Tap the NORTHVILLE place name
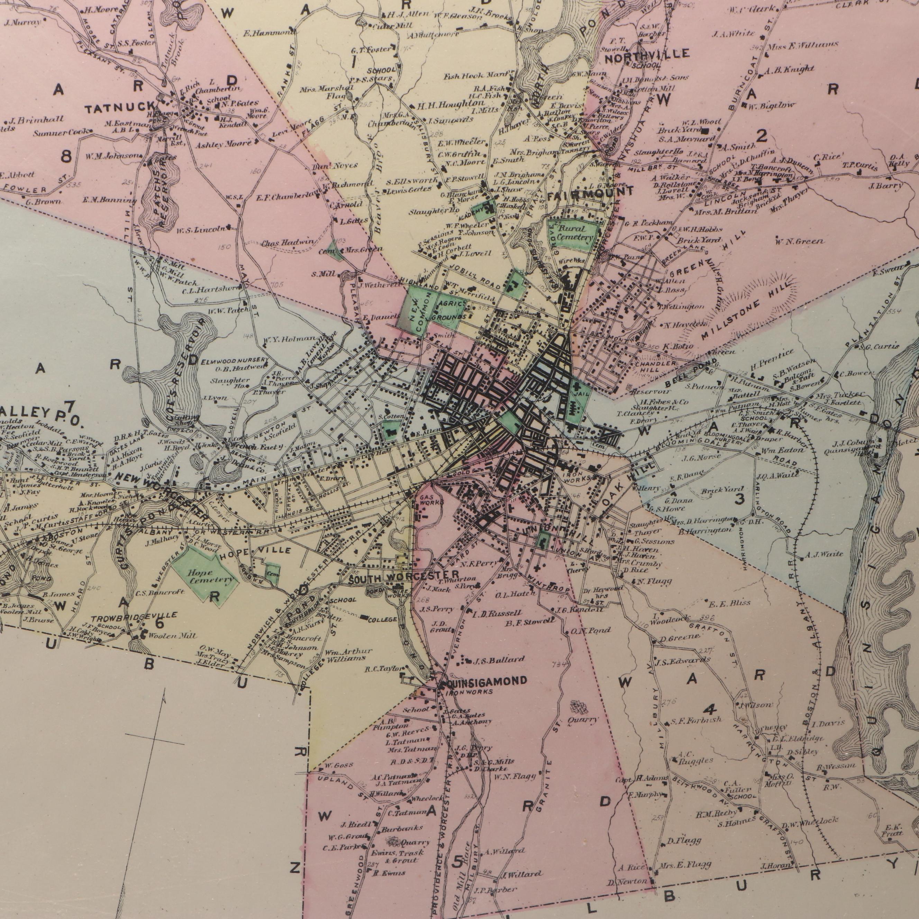(647, 55)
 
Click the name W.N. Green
(799, 242)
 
